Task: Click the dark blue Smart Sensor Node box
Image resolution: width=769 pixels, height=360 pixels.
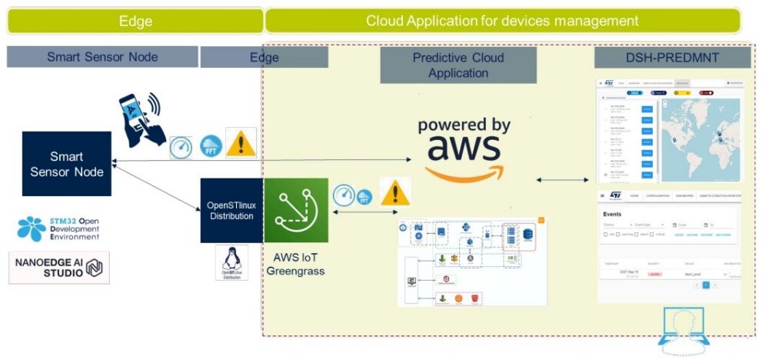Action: pyautogui.click(x=66, y=163)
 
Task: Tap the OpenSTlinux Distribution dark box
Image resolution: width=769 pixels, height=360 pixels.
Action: pyautogui.click(x=231, y=210)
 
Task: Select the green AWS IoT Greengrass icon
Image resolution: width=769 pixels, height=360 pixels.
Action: pyautogui.click(x=295, y=210)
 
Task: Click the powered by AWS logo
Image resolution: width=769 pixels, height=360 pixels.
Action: pyautogui.click(x=463, y=148)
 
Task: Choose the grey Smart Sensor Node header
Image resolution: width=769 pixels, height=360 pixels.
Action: pyautogui.click(x=102, y=57)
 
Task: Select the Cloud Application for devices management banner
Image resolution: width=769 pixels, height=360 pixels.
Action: pyautogui.click(x=502, y=21)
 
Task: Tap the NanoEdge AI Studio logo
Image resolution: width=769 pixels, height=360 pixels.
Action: pyautogui.click(x=59, y=267)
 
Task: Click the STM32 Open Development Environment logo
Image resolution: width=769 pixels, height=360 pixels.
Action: pyautogui.click(x=58, y=228)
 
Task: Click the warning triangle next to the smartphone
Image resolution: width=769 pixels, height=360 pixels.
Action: pyautogui.click(x=241, y=143)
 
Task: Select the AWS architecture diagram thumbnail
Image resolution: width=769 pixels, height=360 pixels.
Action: pyautogui.click(x=471, y=262)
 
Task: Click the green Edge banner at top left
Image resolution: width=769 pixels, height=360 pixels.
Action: pyautogui.click(x=135, y=21)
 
